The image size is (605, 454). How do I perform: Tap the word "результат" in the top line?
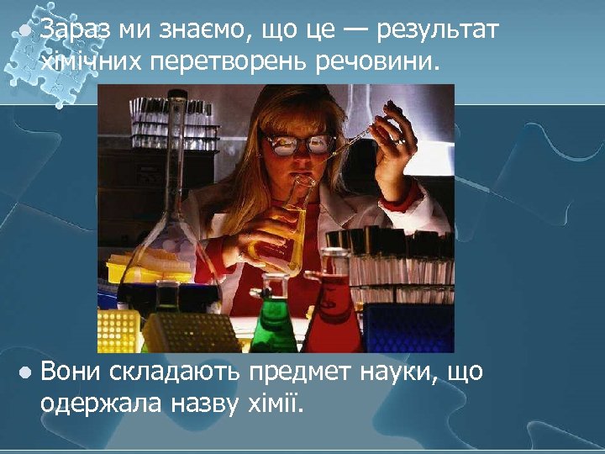pyautogui.click(x=438, y=31)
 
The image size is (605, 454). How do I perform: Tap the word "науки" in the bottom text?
pyautogui.click(x=393, y=372)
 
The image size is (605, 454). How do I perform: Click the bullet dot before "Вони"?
pyautogui.click(x=26, y=371)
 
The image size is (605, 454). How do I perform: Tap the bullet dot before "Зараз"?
pyautogui.click(x=26, y=29)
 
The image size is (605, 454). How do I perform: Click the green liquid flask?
pyautogui.click(x=274, y=324)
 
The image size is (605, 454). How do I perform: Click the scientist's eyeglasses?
pyautogui.click(x=299, y=145)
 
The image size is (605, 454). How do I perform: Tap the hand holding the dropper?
pyautogui.click(x=395, y=135)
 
